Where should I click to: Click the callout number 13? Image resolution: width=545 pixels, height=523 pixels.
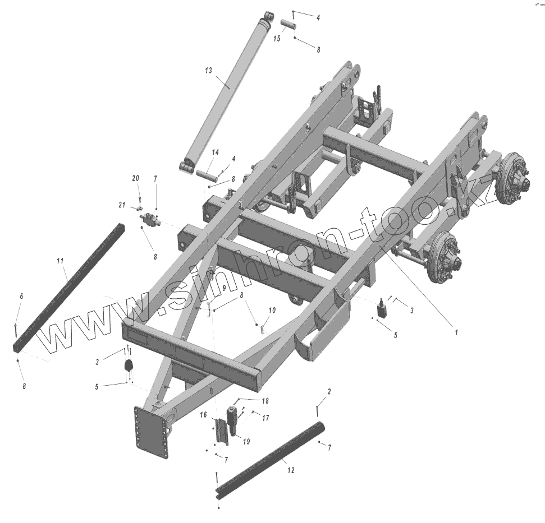(208, 71)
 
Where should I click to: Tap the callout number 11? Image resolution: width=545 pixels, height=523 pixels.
(60, 261)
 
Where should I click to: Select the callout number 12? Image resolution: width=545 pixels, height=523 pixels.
(291, 470)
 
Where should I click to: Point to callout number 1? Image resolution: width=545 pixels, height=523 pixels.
(456, 332)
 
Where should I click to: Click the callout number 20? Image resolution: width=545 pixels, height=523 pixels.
(136, 178)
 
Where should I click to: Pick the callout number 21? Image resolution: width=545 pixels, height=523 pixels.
(122, 205)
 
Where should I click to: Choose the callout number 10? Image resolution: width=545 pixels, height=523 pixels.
(272, 310)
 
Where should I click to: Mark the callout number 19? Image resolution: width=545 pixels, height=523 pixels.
(246, 442)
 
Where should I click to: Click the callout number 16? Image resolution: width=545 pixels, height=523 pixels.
(203, 415)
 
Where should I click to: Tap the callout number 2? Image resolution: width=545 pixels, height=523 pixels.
(329, 391)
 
